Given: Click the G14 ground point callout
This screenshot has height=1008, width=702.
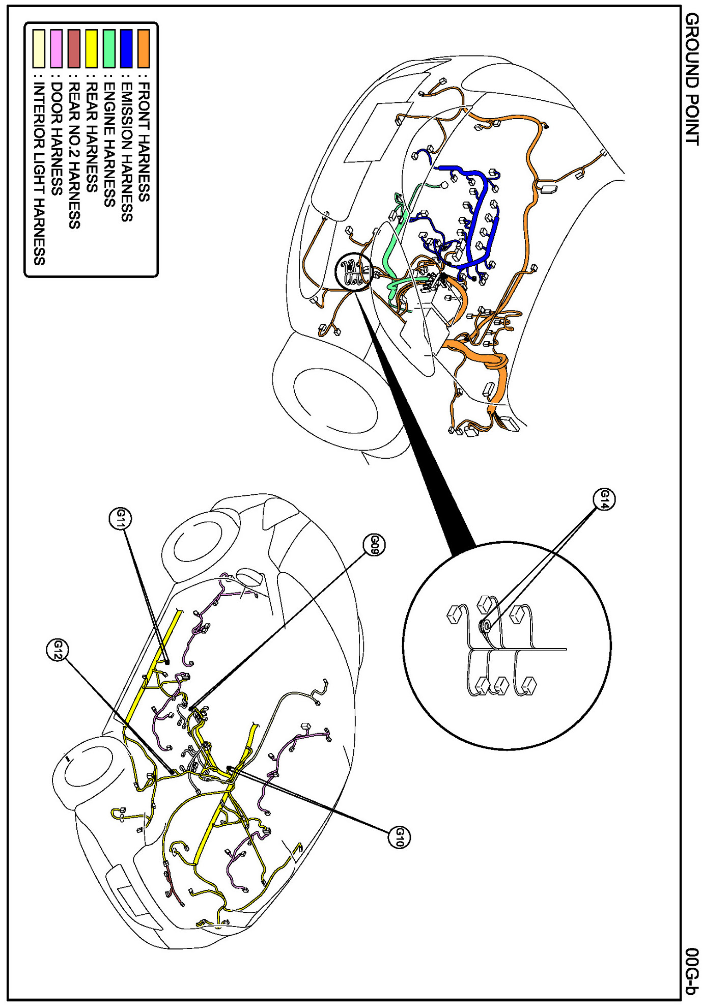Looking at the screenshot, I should [x=605, y=499].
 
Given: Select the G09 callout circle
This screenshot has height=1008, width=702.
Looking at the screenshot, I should [x=375, y=545].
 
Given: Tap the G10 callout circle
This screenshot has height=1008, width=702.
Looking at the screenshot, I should [x=398, y=837].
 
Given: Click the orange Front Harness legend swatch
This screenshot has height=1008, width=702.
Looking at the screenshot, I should [x=144, y=49].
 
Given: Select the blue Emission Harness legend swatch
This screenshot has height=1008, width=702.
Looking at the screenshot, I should [x=126, y=49].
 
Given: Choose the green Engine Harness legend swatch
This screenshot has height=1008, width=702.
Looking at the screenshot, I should [x=109, y=49].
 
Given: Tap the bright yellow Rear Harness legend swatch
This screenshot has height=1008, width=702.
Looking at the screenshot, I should [x=91, y=49].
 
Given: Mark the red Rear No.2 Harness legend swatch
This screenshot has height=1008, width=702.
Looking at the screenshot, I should [x=74, y=49].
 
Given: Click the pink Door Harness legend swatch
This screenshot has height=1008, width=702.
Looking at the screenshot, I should [x=57, y=49].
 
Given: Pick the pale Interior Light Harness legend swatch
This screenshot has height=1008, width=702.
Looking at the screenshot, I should [x=39, y=49].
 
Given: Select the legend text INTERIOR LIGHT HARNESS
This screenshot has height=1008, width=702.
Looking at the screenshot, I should [x=39, y=174].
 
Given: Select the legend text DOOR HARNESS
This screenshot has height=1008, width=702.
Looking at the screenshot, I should [x=57, y=138].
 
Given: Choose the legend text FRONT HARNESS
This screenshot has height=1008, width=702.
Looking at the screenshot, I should [x=144, y=142].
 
